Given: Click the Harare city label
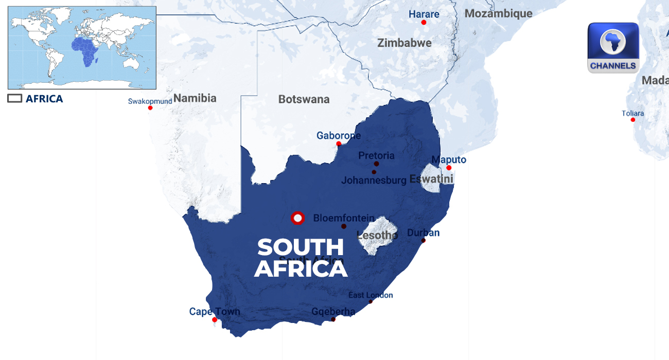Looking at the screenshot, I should click(x=424, y=14).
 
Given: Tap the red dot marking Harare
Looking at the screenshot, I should click(x=424, y=22).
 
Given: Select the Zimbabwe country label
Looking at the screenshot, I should click(x=404, y=43).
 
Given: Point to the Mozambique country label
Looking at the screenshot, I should click(x=498, y=14).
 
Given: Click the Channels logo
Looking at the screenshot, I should click(x=613, y=47).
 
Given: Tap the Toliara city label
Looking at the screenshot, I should click(x=632, y=114).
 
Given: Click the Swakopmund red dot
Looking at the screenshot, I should click(x=150, y=107).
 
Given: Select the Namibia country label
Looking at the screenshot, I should click(x=195, y=98).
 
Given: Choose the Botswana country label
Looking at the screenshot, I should click(x=304, y=99).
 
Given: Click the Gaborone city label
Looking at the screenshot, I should click(x=339, y=136).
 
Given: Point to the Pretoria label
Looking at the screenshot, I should click(x=376, y=155).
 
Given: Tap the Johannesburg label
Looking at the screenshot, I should click(x=374, y=181).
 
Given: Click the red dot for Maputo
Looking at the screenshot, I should click(x=449, y=168).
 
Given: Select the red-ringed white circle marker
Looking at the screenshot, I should click(x=297, y=218).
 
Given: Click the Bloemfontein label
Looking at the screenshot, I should click(x=344, y=218).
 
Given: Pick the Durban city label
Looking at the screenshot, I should click(x=423, y=232).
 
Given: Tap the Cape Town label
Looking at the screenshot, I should click(x=215, y=311).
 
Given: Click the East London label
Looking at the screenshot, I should click(x=371, y=295).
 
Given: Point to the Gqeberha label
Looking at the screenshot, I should click(x=333, y=311).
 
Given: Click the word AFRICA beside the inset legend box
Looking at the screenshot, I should click(x=44, y=99).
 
